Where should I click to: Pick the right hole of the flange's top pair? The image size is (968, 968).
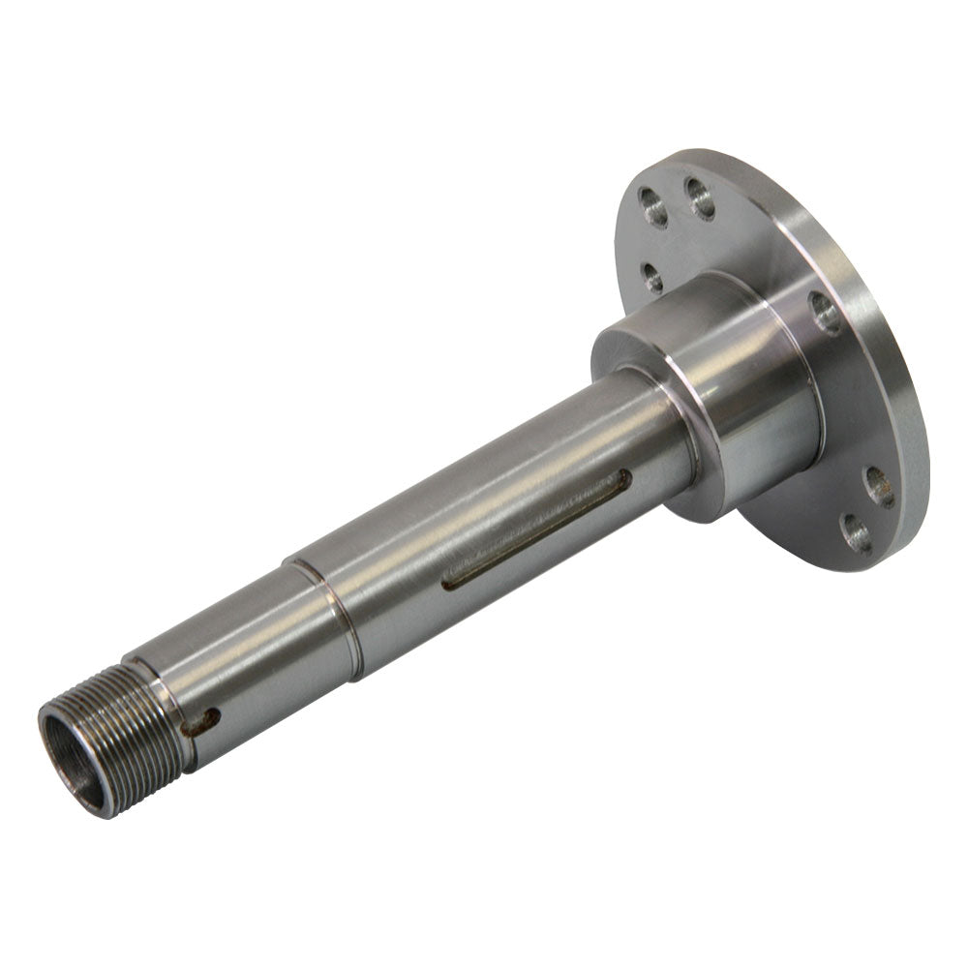(700, 197)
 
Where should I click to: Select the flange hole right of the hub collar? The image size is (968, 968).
(826, 313)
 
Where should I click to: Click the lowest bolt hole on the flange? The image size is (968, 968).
(857, 532)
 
